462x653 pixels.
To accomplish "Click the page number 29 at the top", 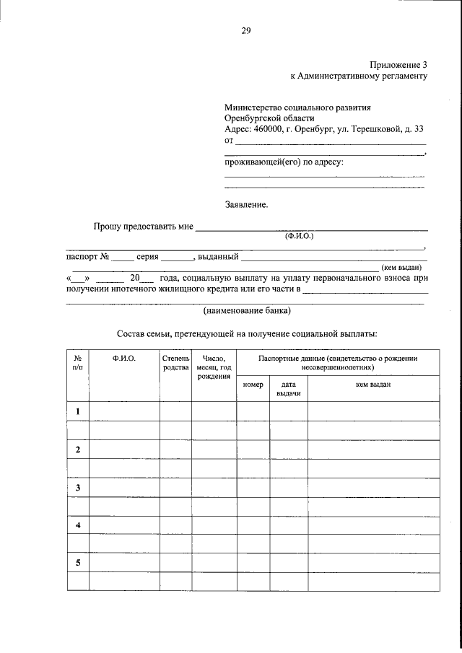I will point(245,30).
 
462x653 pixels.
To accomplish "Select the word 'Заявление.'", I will point(246,204).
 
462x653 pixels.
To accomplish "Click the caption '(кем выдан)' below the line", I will point(401,267).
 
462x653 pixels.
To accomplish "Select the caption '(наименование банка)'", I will point(247,312).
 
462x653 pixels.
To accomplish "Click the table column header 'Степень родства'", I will point(175,363).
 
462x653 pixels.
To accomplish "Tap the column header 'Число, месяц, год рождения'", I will point(214,367).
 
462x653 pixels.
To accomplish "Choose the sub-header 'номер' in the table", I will point(253,385).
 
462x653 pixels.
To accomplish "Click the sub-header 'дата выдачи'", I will point(289,389).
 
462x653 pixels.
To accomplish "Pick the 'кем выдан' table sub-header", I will point(373,385).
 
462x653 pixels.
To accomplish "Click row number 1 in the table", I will point(77,411).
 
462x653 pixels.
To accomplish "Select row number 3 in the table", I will point(77,488).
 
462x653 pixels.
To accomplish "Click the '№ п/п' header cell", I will point(77,363).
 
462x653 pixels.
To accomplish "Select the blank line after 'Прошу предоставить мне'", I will point(312,227).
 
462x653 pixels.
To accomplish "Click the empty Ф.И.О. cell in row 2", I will point(123,450).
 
